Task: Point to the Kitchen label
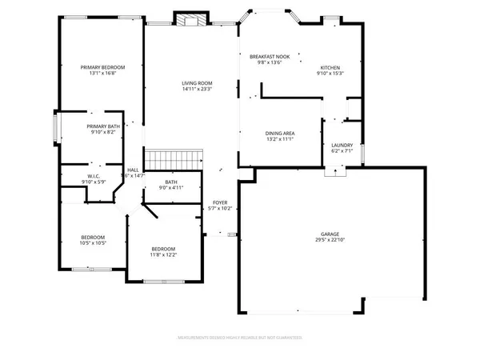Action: click(331, 67)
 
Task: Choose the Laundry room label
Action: click(342, 144)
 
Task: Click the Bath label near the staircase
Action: click(171, 182)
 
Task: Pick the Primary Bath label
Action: click(103, 126)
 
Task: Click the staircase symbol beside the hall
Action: click(170, 158)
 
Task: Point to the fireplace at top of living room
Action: click(191, 21)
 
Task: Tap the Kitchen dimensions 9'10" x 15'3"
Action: click(331, 74)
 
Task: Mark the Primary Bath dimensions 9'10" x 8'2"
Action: click(103, 132)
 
